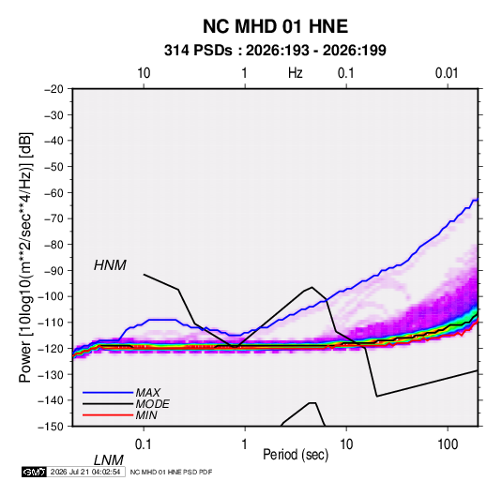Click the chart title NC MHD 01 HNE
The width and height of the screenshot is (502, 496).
(x=275, y=26)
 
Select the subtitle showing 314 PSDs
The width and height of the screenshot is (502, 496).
(x=275, y=51)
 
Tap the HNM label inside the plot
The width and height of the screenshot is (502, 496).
(x=110, y=265)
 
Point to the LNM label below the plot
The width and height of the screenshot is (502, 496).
(x=108, y=460)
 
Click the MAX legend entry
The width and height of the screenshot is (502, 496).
(x=147, y=392)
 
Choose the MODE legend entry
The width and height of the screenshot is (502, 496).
(x=152, y=404)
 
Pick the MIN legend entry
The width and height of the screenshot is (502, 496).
(x=146, y=415)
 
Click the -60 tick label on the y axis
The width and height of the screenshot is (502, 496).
(x=53, y=192)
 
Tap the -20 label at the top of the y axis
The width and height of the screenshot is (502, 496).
(x=53, y=89)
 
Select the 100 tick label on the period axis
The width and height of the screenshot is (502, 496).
(x=448, y=444)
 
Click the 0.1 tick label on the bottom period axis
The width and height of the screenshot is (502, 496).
(x=144, y=444)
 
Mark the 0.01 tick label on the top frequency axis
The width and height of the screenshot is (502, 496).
(x=447, y=73)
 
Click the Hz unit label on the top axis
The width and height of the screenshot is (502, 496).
(x=296, y=73)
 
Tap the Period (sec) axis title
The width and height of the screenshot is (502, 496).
(x=296, y=455)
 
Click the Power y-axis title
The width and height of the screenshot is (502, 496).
(x=25, y=258)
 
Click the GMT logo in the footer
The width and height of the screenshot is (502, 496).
(x=34, y=472)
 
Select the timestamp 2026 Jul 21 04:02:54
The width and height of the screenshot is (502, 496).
(x=85, y=472)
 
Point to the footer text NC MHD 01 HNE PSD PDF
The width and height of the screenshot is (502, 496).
(x=171, y=472)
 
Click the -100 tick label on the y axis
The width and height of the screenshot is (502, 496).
(x=52, y=296)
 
